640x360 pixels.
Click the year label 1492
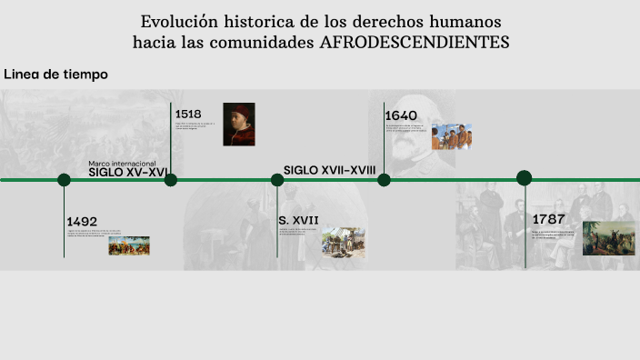tap(82, 221)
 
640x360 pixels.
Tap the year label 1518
tap(188, 115)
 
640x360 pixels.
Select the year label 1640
tap(401, 115)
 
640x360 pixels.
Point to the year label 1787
tap(549, 219)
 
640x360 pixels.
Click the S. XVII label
tap(298, 219)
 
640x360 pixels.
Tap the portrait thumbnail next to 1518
tap(239, 125)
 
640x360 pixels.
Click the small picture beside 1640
tap(452, 136)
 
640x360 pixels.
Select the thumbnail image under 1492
tap(129, 245)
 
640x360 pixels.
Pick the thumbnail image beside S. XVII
tap(343, 243)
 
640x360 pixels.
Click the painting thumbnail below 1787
tap(608, 238)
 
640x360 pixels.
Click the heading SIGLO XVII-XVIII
tap(329, 170)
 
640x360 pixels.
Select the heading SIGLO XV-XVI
tap(127, 172)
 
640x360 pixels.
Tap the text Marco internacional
tap(122, 164)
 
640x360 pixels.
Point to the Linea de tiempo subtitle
tap(55, 75)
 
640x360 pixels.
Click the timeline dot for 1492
tap(64, 180)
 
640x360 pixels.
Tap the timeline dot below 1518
tap(171, 180)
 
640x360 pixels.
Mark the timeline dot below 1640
tap(384, 180)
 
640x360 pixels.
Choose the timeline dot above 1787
tap(525, 178)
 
